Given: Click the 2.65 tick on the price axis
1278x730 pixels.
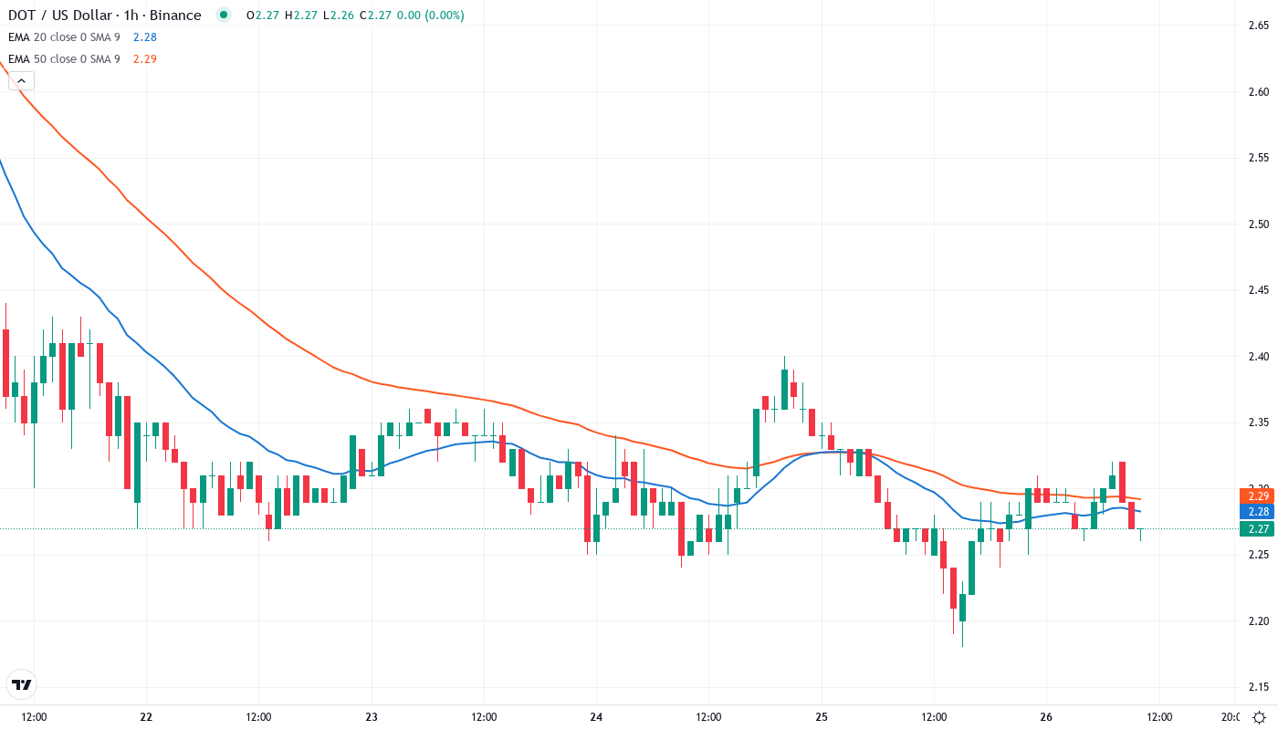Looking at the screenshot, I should [x=1258, y=26].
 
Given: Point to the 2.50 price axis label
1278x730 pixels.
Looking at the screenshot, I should [x=1258, y=224].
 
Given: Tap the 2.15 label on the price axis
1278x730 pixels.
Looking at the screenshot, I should [x=1258, y=687].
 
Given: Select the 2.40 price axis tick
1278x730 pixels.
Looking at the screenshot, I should [x=1258, y=357].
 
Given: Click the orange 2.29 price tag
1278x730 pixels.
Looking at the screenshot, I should [x=1256, y=495].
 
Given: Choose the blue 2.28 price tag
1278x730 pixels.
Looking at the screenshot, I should [x=1256, y=512].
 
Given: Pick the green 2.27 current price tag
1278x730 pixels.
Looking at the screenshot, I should [x=1256, y=528].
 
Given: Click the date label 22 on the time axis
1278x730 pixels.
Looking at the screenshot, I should [x=146, y=717].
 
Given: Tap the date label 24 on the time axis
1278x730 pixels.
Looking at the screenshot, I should [x=596, y=717].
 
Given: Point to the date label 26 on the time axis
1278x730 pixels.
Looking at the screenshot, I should [x=1046, y=717].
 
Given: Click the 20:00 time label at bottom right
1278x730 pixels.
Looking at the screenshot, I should [x=1231, y=717].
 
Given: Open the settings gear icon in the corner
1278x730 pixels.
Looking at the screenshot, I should [x=1259, y=717].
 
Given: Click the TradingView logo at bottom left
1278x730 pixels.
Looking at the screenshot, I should [x=21, y=684].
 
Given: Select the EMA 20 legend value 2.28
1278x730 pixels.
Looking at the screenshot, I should [x=144, y=37].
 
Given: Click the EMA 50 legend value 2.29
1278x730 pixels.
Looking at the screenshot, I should [x=144, y=59].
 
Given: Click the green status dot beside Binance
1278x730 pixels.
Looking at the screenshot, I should [x=223, y=16].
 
